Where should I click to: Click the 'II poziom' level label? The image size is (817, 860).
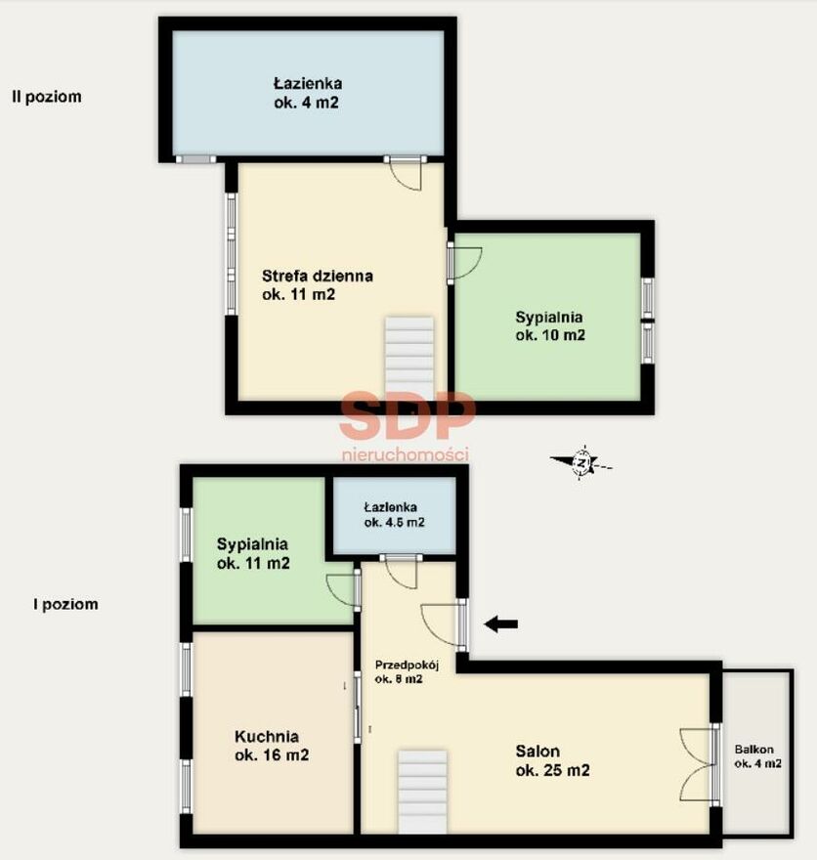tap(47, 97)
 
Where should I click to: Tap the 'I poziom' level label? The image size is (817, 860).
tap(65, 604)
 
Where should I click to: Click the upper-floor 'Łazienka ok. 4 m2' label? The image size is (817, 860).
tap(308, 93)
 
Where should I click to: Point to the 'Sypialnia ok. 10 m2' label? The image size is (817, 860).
tap(550, 325)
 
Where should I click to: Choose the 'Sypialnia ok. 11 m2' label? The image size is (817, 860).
tap(253, 553)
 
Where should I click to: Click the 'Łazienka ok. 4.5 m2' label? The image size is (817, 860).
tap(394, 515)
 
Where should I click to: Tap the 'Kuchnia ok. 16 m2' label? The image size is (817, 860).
tap(272, 746)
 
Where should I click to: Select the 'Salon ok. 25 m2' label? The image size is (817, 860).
tap(552, 760)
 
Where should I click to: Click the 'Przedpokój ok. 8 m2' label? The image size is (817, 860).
tap(407, 672)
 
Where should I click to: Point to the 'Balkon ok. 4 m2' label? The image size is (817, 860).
tap(757, 756)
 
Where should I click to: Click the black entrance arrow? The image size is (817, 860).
tap(501, 623)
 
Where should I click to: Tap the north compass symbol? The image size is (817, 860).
tap(581, 463)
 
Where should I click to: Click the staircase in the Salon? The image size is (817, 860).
tap(421, 792)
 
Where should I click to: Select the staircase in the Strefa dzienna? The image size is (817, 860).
tap(409, 357)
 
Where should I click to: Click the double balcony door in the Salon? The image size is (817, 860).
tap(699, 764)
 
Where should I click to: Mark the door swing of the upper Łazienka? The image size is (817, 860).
tap(407, 174)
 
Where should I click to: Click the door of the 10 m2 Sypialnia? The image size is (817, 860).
tap(464, 263)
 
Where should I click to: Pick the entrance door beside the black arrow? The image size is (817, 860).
tap(444, 624)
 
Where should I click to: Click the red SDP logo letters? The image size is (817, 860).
tap(407, 415)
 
